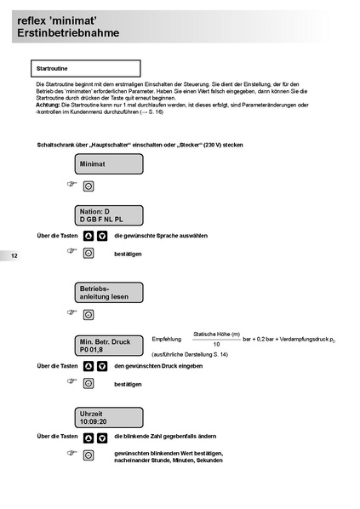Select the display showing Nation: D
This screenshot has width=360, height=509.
click(108, 214)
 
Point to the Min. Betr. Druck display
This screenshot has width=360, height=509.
click(108, 345)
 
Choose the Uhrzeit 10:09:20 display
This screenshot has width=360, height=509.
click(108, 416)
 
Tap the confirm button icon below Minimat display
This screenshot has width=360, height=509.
click(88, 186)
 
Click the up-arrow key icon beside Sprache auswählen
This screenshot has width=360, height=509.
click(88, 236)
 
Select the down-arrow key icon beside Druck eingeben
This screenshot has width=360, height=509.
click(102, 366)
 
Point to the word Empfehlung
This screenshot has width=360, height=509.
click(167, 340)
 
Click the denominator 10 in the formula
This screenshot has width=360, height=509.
click(216, 344)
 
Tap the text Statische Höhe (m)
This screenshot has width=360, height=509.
click(217, 334)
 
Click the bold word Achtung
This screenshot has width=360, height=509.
click(49, 104)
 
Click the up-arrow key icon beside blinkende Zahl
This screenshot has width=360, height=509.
click(88, 437)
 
